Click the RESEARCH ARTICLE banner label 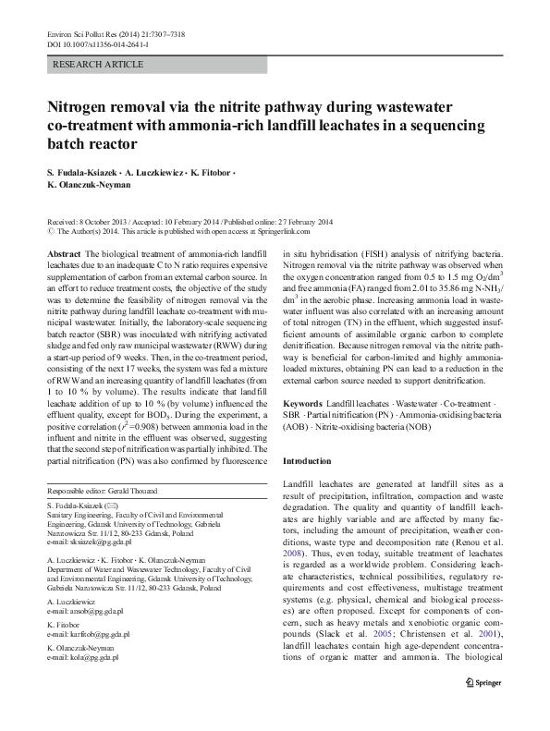pyautogui.click(x=100, y=65)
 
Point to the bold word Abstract pyautogui.click(x=62, y=253)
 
